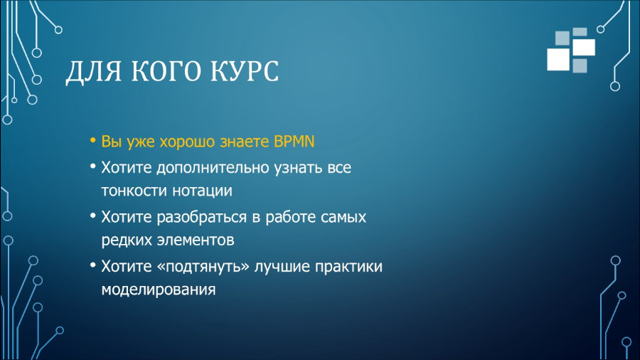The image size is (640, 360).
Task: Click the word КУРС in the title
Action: (x=244, y=70)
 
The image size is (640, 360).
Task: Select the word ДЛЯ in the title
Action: (x=94, y=72)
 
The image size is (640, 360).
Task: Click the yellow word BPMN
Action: (x=294, y=142)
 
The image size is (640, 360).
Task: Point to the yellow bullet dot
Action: (x=93, y=141)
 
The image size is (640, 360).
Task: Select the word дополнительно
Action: (x=213, y=168)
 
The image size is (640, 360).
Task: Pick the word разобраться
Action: (x=203, y=217)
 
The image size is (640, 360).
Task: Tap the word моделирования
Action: (x=159, y=290)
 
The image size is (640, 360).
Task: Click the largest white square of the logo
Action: (x=558, y=60)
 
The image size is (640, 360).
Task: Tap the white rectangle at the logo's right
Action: (x=584, y=48)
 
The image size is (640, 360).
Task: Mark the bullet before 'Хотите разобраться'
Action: (x=93, y=215)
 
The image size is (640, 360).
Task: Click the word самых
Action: (x=343, y=218)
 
